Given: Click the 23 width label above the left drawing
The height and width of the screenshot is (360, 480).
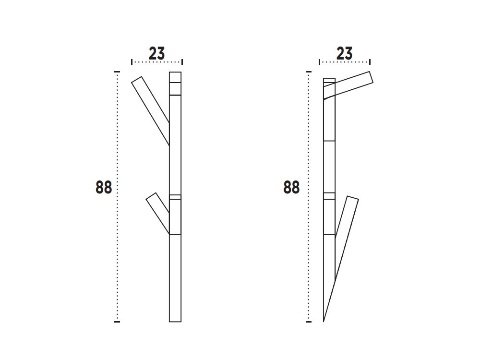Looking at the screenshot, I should coord(156,53).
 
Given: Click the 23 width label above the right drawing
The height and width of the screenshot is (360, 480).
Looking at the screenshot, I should coord(344,53).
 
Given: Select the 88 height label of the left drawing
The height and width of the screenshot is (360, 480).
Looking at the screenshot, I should coord(104,187).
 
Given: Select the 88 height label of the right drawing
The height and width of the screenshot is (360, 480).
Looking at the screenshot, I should coord(291,187).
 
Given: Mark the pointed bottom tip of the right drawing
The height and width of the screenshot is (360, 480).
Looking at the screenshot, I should coord(324,321).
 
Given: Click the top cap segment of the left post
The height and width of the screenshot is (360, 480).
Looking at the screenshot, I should coord(175,77).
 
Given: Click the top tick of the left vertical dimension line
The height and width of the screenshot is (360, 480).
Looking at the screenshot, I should coord(117,72).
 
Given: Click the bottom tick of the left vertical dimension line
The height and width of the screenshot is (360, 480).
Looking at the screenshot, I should coord(117,322).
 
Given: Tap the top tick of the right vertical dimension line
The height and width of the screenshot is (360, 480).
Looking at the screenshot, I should coord(309,72).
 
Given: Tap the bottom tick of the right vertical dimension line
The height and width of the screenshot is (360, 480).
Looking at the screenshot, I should coord(309,322).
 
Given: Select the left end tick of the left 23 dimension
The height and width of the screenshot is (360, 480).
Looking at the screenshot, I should coord(132,61).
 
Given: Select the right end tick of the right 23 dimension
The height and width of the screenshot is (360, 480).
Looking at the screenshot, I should coord(370,61).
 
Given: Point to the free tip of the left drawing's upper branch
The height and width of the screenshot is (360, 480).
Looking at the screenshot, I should coord(137,80).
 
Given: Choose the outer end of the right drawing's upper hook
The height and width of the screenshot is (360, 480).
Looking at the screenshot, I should coord(371,77).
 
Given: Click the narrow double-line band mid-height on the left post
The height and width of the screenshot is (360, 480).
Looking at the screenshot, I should coord(175,197).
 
